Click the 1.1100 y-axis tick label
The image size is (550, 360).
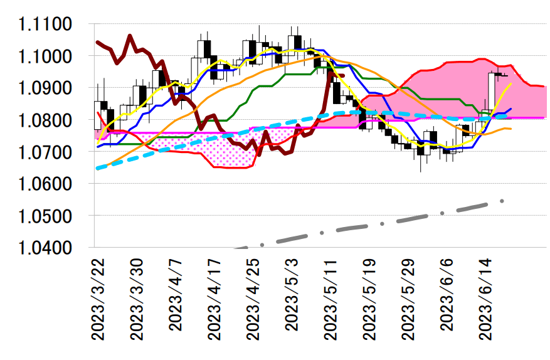pos(45,24)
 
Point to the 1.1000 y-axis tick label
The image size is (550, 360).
pos(45,56)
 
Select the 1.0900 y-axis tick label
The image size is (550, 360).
pos(45,88)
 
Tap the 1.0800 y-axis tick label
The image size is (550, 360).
pos(45,120)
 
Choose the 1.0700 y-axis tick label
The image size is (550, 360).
pos(45,152)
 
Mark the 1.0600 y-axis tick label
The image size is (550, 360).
pos(45,184)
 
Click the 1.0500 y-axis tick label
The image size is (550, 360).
pos(45,216)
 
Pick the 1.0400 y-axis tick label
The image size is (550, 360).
pos(45,248)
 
